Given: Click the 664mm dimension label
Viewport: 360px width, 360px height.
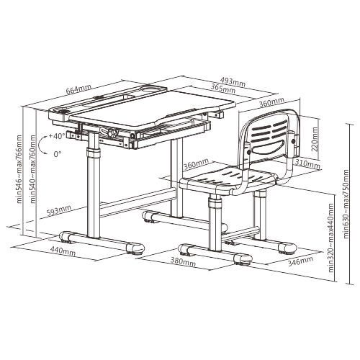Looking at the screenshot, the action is [78, 89].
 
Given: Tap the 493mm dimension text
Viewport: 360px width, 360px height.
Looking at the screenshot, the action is [233, 82].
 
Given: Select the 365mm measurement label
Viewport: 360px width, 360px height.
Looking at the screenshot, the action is [222, 89].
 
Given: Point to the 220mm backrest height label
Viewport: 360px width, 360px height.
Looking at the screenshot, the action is [315, 139].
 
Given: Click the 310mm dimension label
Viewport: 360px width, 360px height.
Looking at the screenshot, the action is [307, 164].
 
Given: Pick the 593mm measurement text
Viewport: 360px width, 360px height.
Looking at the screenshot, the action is [59, 211].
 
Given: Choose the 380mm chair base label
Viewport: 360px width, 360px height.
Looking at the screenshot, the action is [183, 262].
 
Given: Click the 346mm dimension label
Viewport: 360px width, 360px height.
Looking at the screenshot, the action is [300, 261].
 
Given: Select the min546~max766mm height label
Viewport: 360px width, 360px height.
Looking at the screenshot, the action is [19, 169].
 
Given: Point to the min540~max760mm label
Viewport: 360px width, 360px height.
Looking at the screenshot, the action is [33, 169].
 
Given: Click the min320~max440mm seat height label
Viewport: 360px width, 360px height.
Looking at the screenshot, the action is [331, 238].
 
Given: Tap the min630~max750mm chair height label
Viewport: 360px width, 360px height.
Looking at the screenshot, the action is [346, 204].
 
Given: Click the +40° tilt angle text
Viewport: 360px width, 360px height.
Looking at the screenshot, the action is [56, 136].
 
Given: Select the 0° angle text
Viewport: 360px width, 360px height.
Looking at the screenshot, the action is [58, 154].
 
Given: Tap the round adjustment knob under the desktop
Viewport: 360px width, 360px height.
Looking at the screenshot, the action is [113, 132].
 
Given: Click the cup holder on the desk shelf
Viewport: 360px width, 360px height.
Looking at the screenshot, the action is [153, 89].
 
